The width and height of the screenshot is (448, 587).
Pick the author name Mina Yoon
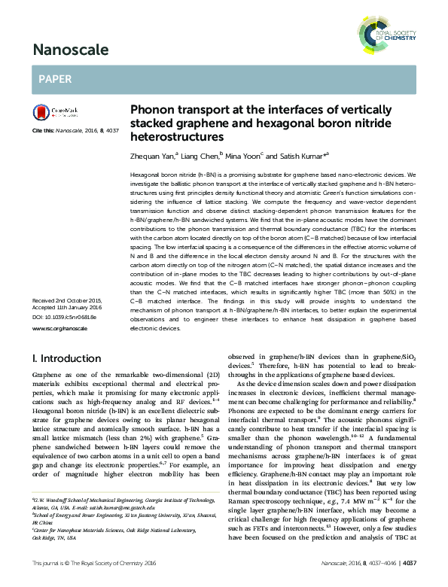click(243, 156)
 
